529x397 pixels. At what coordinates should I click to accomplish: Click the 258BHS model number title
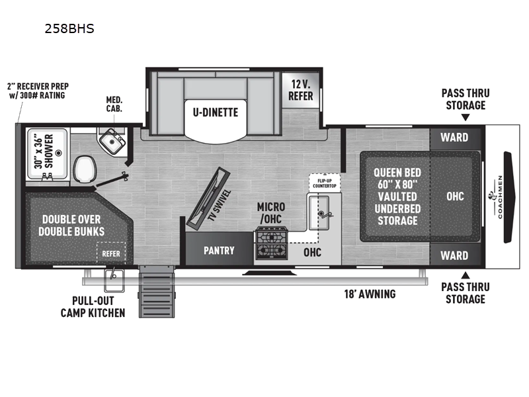(69, 28)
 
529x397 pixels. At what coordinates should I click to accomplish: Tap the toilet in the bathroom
(85, 169)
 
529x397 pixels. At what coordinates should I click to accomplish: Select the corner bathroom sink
(111, 142)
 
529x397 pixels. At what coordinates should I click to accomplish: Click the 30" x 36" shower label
(44, 152)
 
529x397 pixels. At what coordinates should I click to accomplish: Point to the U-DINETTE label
(216, 112)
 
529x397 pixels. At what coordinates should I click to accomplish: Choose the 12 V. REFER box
(300, 90)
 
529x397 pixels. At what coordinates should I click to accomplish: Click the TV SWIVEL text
(220, 205)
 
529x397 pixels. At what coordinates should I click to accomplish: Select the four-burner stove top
(271, 243)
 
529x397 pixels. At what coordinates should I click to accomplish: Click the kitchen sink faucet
(325, 214)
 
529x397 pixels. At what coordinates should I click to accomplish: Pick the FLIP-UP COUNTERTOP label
(325, 183)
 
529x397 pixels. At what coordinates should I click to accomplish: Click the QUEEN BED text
(397, 173)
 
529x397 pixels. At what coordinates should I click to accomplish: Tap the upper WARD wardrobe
(455, 138)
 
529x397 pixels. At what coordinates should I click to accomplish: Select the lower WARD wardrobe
(455, 255)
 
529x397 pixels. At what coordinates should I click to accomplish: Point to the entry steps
(157, 292)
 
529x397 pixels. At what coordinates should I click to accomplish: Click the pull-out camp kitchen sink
(114, 281)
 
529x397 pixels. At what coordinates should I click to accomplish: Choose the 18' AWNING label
(370, 294)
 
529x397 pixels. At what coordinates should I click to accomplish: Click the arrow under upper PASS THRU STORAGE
(466, 118)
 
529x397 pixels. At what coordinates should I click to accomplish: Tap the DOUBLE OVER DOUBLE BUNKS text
(71, 226)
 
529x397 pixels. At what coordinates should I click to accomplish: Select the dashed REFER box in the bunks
(111, 253)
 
